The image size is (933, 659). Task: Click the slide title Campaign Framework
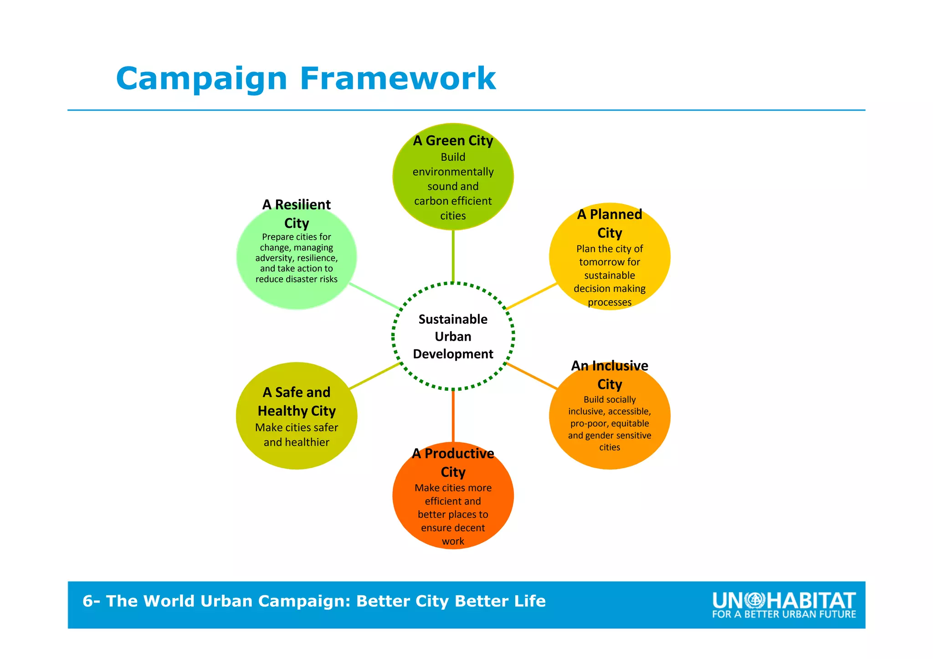[306, 79]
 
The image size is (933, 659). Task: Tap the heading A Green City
[453, 141]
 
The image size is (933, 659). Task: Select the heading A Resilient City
[297, 214]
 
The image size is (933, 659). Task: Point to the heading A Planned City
[610, 223]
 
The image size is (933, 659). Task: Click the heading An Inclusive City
[610, 375]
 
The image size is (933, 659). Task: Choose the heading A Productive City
[453, 462]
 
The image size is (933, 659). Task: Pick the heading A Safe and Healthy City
[297, 401]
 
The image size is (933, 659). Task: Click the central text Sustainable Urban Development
[453, 337]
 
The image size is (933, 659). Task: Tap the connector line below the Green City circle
[453, 256]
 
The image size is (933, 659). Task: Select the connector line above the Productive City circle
[453, 416]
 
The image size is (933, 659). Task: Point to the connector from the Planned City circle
[531, 296]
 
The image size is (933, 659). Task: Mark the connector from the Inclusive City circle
[531, 376]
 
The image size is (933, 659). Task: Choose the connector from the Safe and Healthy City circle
[374, 376]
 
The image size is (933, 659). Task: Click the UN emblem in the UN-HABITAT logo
[754, 601]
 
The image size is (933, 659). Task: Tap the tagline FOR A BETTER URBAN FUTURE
[784, 614]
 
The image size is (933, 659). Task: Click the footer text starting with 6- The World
[314, 601]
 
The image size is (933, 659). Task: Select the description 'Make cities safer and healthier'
[297, 435]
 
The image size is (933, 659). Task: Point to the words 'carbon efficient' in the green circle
[453, 201]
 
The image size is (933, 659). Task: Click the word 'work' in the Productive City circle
[453, 541]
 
